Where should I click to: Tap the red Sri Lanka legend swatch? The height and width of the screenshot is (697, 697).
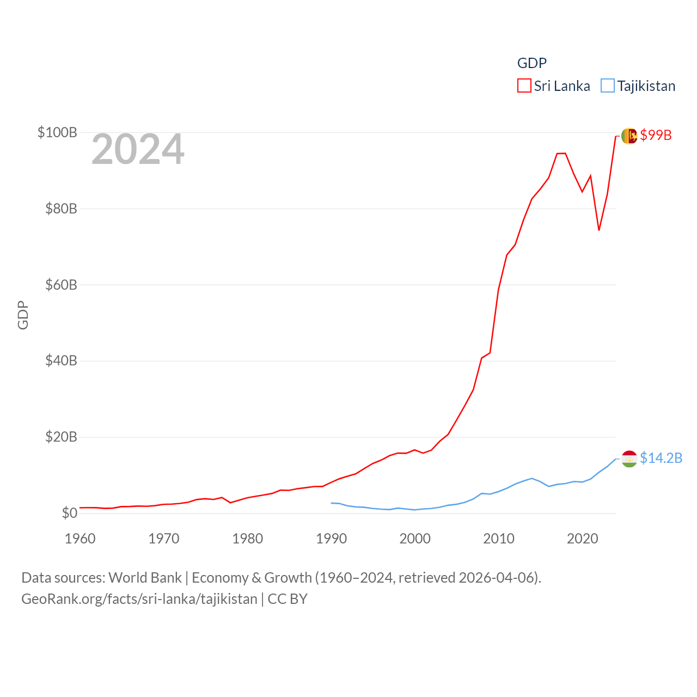tap(524, 86)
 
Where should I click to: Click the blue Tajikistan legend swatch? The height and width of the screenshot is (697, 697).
tap(608, 86)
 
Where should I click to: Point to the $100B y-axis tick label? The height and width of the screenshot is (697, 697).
tap(57, 132)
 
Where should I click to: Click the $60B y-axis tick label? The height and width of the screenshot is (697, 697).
tap(61, 285)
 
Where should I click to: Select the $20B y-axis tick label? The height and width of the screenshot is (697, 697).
tap(61, 437)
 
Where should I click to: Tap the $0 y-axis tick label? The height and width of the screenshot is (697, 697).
tap(69, 513)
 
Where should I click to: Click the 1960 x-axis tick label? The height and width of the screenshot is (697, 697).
tap(80, 539)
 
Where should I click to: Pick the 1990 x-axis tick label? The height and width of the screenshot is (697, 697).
tap(331, 539)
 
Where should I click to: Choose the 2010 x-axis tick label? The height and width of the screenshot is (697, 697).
tap(499, 539)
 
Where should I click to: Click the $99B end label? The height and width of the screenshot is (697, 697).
tap(656, 135)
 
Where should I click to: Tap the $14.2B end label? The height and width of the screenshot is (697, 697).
tap(661, 458)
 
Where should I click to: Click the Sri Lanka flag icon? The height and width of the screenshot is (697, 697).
tap(629, 136)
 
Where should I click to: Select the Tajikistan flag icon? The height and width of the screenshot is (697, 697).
tap(629, 458)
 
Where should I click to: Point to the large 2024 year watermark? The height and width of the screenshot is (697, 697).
tap(138, 149)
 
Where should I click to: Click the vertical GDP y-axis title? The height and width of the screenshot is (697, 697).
tap(23, 315)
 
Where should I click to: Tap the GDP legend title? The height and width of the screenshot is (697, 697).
tap(531, 63)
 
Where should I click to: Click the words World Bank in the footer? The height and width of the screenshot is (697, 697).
tap(145, 577)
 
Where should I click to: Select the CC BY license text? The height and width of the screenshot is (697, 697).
tap(288, 599)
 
